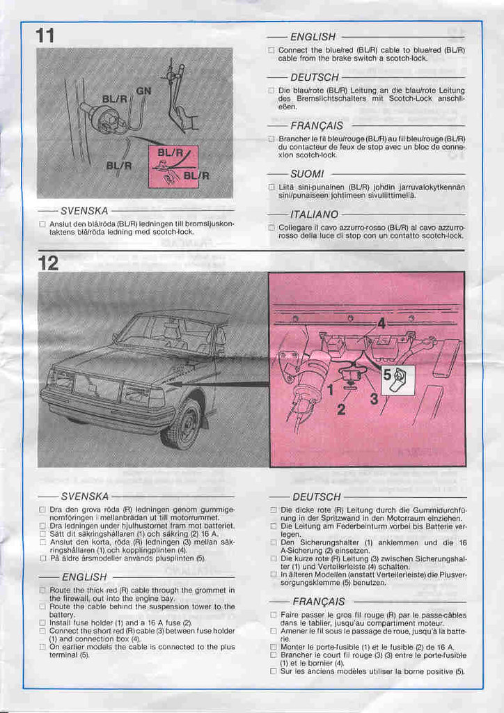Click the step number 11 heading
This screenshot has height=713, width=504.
pos(46,36)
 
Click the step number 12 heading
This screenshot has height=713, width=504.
pos(48,263)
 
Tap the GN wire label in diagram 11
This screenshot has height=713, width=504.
pos(143,91)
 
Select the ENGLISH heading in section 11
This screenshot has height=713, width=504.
pos(313,37)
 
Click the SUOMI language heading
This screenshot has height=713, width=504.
pos(307,173)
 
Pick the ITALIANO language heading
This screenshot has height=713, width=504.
pos(314,214)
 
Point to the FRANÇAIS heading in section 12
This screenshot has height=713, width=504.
pos(318,601)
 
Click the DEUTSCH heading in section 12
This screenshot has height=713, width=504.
pos(317,496)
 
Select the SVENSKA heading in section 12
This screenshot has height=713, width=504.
pos(85,496)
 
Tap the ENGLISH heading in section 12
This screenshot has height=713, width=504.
pos(84,577)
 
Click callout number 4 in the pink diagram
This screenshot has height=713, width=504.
pos(381,323)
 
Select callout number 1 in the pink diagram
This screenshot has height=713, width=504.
pos(331,390)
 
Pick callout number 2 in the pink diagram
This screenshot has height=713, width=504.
pos(341,409)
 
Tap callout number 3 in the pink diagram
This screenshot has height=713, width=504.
pos(373,398)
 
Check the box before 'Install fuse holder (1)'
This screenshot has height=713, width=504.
pos(42,622)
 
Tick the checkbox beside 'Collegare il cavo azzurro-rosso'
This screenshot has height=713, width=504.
pos(271,228)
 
